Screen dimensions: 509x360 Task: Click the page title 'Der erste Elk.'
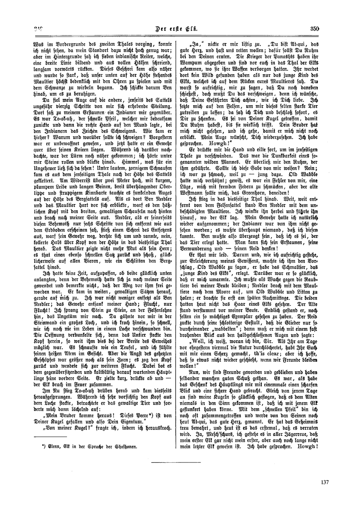pos(180,29)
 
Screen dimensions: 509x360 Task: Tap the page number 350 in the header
pos(314,29)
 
